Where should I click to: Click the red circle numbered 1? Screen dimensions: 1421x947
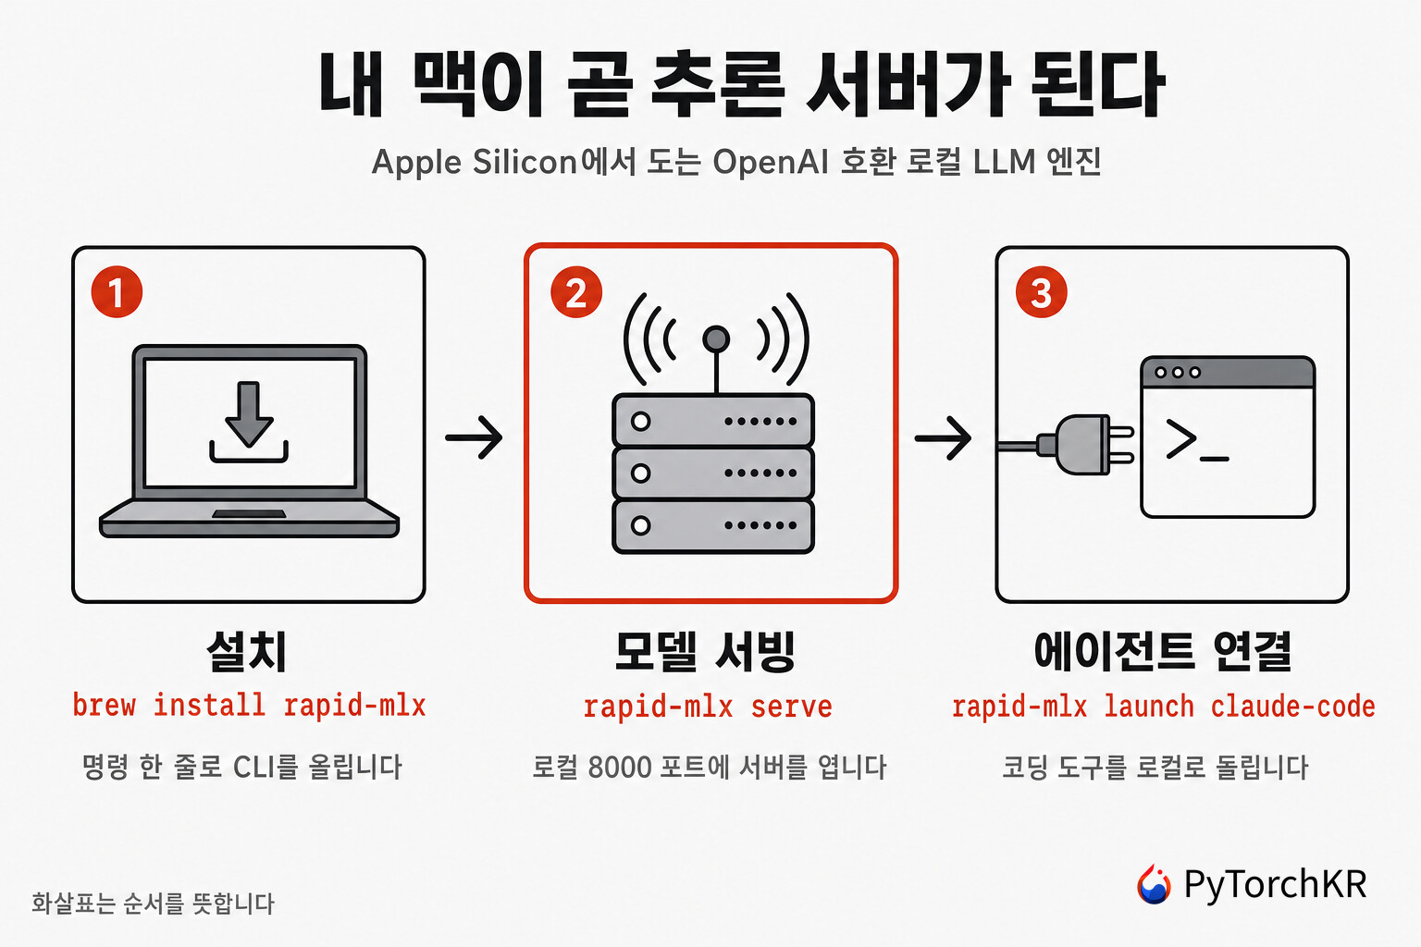[x=117, y=291]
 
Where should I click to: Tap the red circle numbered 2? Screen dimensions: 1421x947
[x=576, y=291]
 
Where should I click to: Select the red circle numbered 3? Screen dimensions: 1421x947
[x=1041, y=291]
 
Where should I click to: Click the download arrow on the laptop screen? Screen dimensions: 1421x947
[x=249, y=414]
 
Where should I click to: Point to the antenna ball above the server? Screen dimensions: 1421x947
[x=716, y=338]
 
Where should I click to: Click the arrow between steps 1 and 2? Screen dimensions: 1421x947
[x=474, y=437]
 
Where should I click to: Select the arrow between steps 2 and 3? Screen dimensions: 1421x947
[x=943, y=437]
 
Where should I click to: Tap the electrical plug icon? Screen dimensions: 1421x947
[x=1079, y=445]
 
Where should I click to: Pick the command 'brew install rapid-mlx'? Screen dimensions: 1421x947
[x=249, y=706]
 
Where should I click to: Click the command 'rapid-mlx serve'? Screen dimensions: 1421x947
[x=708, y=707]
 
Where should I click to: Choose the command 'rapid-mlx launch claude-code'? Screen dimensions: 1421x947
[x=1163, y=707]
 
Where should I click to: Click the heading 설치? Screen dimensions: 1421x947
[x=247, y=651]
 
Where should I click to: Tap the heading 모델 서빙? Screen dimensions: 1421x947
[x=705, y=651]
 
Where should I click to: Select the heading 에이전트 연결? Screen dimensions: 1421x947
[x=1162, y=651]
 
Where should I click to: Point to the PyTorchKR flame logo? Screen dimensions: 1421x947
[x=1154, y=883]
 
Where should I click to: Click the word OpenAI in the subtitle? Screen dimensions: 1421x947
[x=770, y=162]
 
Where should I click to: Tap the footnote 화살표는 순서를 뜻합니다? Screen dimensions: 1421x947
[x=153, y=904]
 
